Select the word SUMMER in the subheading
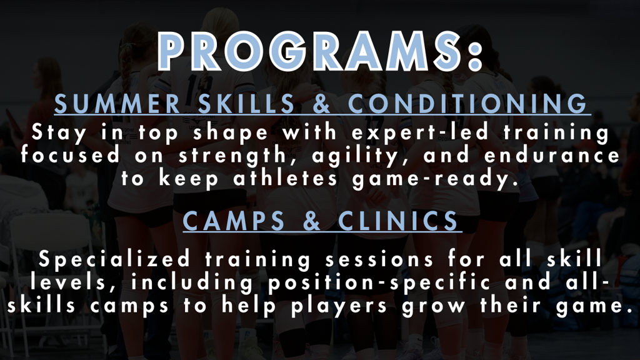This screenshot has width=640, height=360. pos(117,104)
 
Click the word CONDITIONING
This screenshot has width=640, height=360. pos(467,104)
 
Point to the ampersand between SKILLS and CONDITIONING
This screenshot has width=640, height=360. pos(322,104)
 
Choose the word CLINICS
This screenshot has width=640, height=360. pos(398,221)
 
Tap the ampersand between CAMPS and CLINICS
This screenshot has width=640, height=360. pos(312,221)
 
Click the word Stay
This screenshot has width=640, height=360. pos(59,133)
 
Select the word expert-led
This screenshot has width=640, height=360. pos(420,133)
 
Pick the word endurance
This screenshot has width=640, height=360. pos(552,156)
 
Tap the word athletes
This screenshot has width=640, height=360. pos(286,178)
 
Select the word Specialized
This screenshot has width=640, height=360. pos(115,259)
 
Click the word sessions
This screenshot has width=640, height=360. pos(379,259)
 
